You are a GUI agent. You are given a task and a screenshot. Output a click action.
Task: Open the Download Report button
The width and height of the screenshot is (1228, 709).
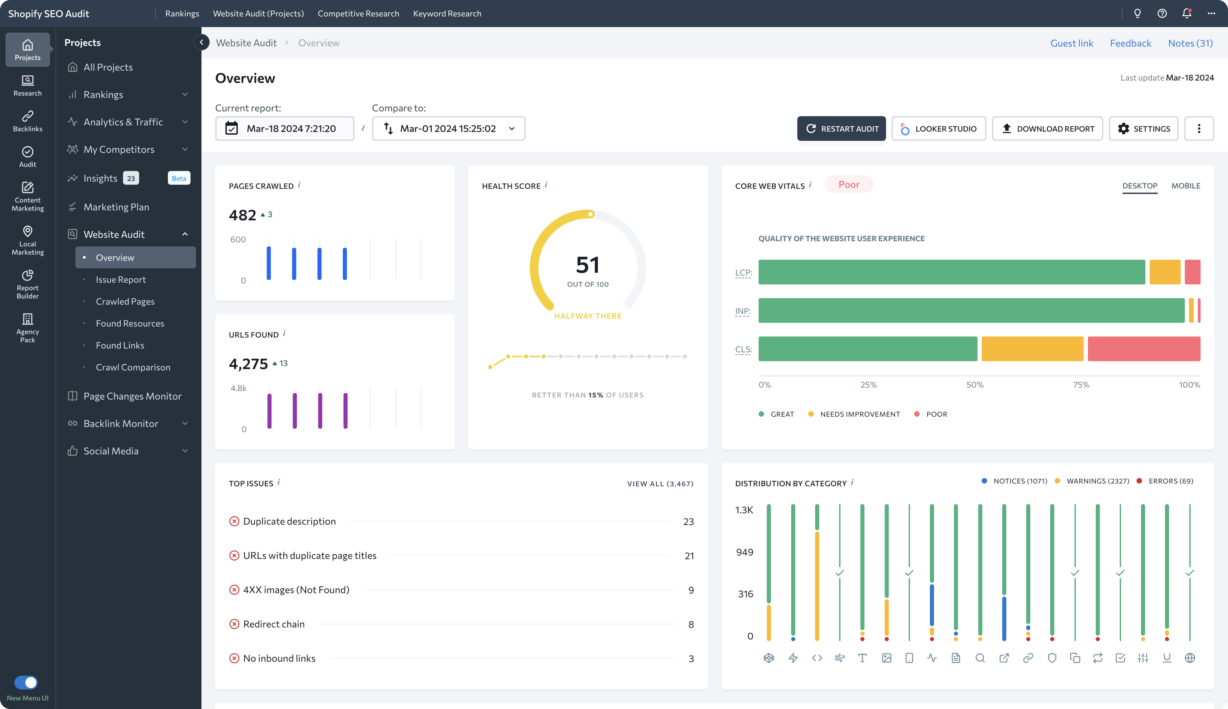coord(1047,129)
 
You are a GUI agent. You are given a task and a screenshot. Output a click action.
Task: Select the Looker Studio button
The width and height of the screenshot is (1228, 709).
coord(938,129)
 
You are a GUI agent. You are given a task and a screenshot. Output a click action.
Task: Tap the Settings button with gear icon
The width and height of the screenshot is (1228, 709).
coord(1143,129)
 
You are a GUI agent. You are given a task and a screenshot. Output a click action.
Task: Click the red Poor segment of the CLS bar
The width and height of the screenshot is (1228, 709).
coord(1144,349)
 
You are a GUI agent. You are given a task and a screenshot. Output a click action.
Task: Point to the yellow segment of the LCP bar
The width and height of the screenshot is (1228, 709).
coord(1165,272)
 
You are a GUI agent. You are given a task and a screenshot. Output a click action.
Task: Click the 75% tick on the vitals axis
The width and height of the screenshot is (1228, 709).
coord(1081,385)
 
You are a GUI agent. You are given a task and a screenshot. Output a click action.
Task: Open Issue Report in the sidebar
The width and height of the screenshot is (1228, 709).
coord(121,279)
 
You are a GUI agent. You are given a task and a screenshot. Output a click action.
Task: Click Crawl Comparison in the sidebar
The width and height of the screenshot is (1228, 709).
coord(133,367)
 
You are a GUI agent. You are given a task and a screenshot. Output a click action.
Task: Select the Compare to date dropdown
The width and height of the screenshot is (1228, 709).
coord(448,129)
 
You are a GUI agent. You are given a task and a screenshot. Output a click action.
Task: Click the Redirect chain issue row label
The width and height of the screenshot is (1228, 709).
coord(274,624)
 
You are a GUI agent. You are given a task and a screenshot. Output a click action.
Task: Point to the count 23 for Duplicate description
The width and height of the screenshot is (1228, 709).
coord(688,522)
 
